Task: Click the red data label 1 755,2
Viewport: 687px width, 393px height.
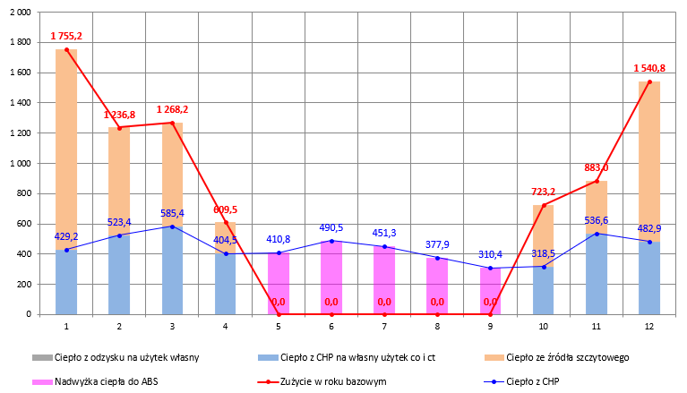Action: pos(67,36)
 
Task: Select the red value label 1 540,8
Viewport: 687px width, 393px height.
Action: pos(649,67)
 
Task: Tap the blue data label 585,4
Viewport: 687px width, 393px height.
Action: pos(172,213)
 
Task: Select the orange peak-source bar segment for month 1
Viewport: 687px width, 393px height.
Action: pos(66,148)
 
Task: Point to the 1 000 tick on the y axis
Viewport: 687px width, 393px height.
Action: pos(18,163)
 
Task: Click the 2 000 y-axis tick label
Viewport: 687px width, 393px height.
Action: pos(18,12)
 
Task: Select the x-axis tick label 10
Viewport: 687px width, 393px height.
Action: pos(544,327)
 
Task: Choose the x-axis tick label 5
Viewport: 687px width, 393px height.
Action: pos(279,327)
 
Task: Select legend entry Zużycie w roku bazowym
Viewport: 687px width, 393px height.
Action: pos(346,380)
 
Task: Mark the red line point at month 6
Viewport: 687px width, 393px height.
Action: pos(331,314)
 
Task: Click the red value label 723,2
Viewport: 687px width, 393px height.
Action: pos(544,192)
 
